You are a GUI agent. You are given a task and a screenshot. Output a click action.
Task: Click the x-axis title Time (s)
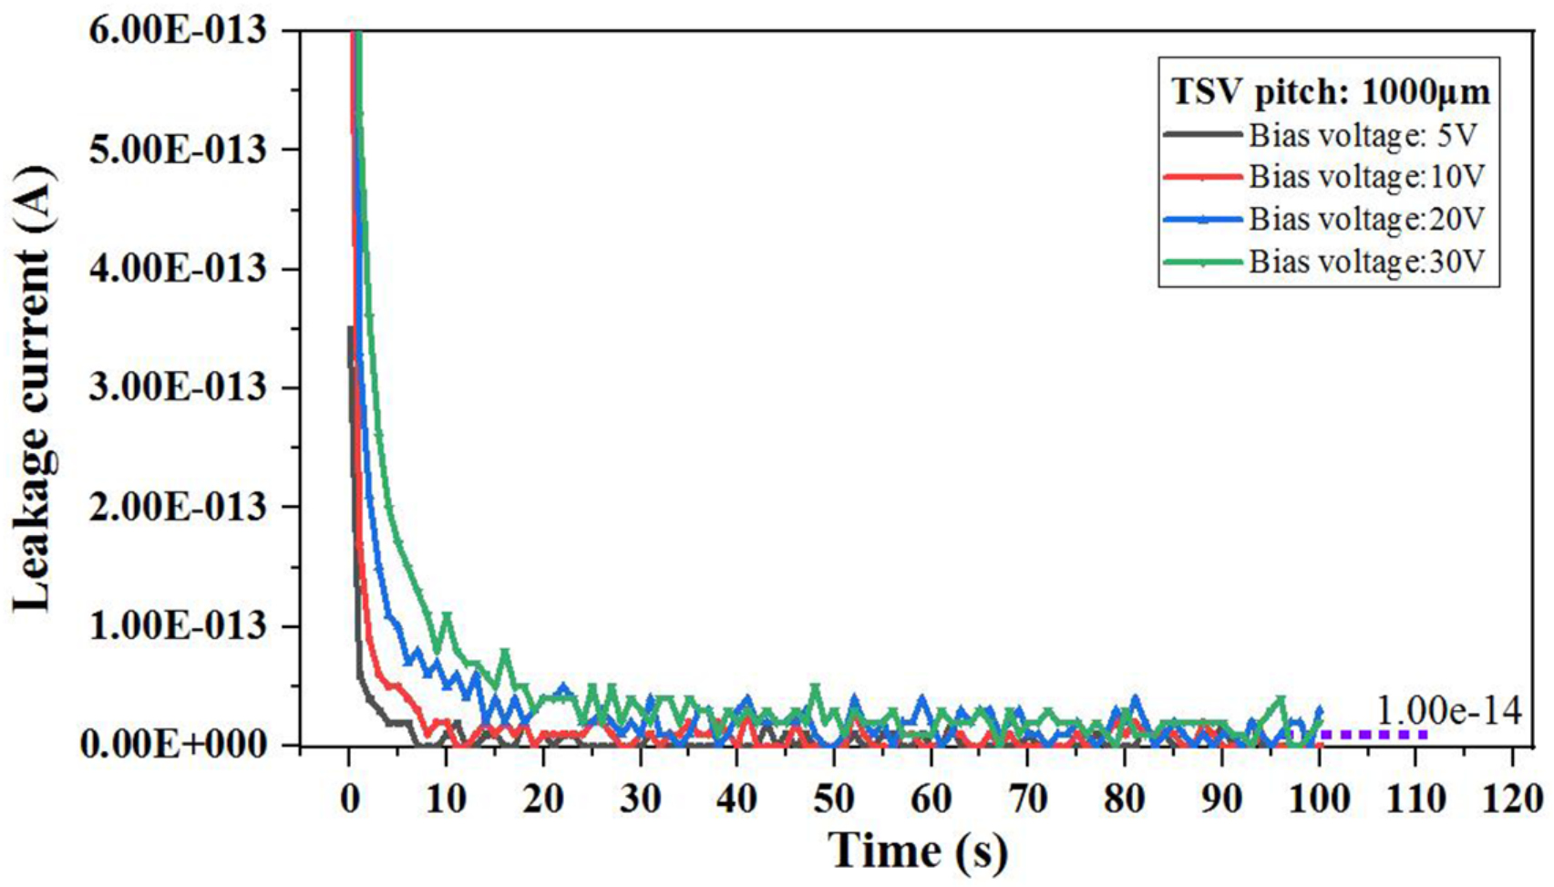(x=919, y=851)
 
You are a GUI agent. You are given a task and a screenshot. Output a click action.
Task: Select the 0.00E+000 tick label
(x=173, y=745)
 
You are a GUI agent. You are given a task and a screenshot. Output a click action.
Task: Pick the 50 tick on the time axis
(x=833, y=799)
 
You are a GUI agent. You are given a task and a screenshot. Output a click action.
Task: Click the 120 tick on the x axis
(x=1511, y=799)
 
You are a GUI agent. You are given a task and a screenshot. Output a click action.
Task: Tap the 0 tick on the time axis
(x=350, y=799)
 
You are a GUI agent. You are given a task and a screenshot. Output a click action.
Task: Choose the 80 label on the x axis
(x=1124, y=799)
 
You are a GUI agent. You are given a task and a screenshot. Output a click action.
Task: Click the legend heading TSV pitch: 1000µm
(x=1330, y=91)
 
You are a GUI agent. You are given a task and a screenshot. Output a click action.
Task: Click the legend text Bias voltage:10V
(x=1366, y=176)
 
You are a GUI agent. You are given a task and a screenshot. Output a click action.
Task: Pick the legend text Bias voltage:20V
(x=1366, y=219)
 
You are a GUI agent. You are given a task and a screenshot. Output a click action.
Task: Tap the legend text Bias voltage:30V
(x=1366, y=262)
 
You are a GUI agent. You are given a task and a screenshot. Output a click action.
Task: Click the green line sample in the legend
(x=1202, y=263)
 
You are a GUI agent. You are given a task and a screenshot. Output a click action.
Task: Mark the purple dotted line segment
(x=1367, y=734)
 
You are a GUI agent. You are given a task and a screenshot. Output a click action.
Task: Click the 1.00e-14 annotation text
(x=1447, y=711)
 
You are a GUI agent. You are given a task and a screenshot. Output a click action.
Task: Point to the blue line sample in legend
(x=1202, y=220)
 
